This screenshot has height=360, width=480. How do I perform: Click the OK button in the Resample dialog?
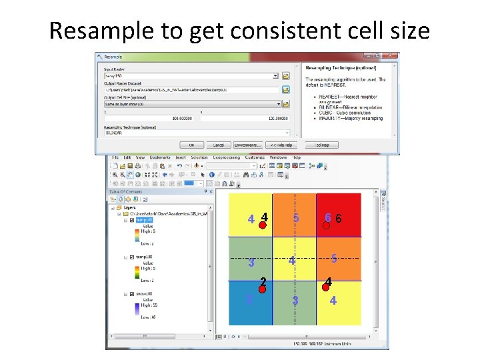click(x=191, y=145)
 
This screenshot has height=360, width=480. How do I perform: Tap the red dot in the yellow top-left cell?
click(x=263, y=225)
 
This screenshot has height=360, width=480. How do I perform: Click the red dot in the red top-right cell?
click(x=327, y=225)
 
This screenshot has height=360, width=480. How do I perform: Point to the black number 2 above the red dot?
click(x=264, y=281)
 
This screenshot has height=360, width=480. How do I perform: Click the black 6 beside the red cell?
click(x=339, y=219)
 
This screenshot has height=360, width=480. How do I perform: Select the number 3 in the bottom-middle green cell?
click(x=295, y=301)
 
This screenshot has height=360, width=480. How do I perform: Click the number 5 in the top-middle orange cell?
click(x=295, y=219)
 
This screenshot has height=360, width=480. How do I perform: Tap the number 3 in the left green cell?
click(x=251, y=263)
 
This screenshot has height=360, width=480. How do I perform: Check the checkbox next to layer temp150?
click(x=132, y=257)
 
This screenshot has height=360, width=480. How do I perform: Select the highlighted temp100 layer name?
click(x=145, y=220)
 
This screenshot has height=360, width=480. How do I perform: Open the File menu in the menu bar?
click(x=115, y=157)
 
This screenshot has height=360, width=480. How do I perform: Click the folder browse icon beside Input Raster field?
click(x=285, y=77)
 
